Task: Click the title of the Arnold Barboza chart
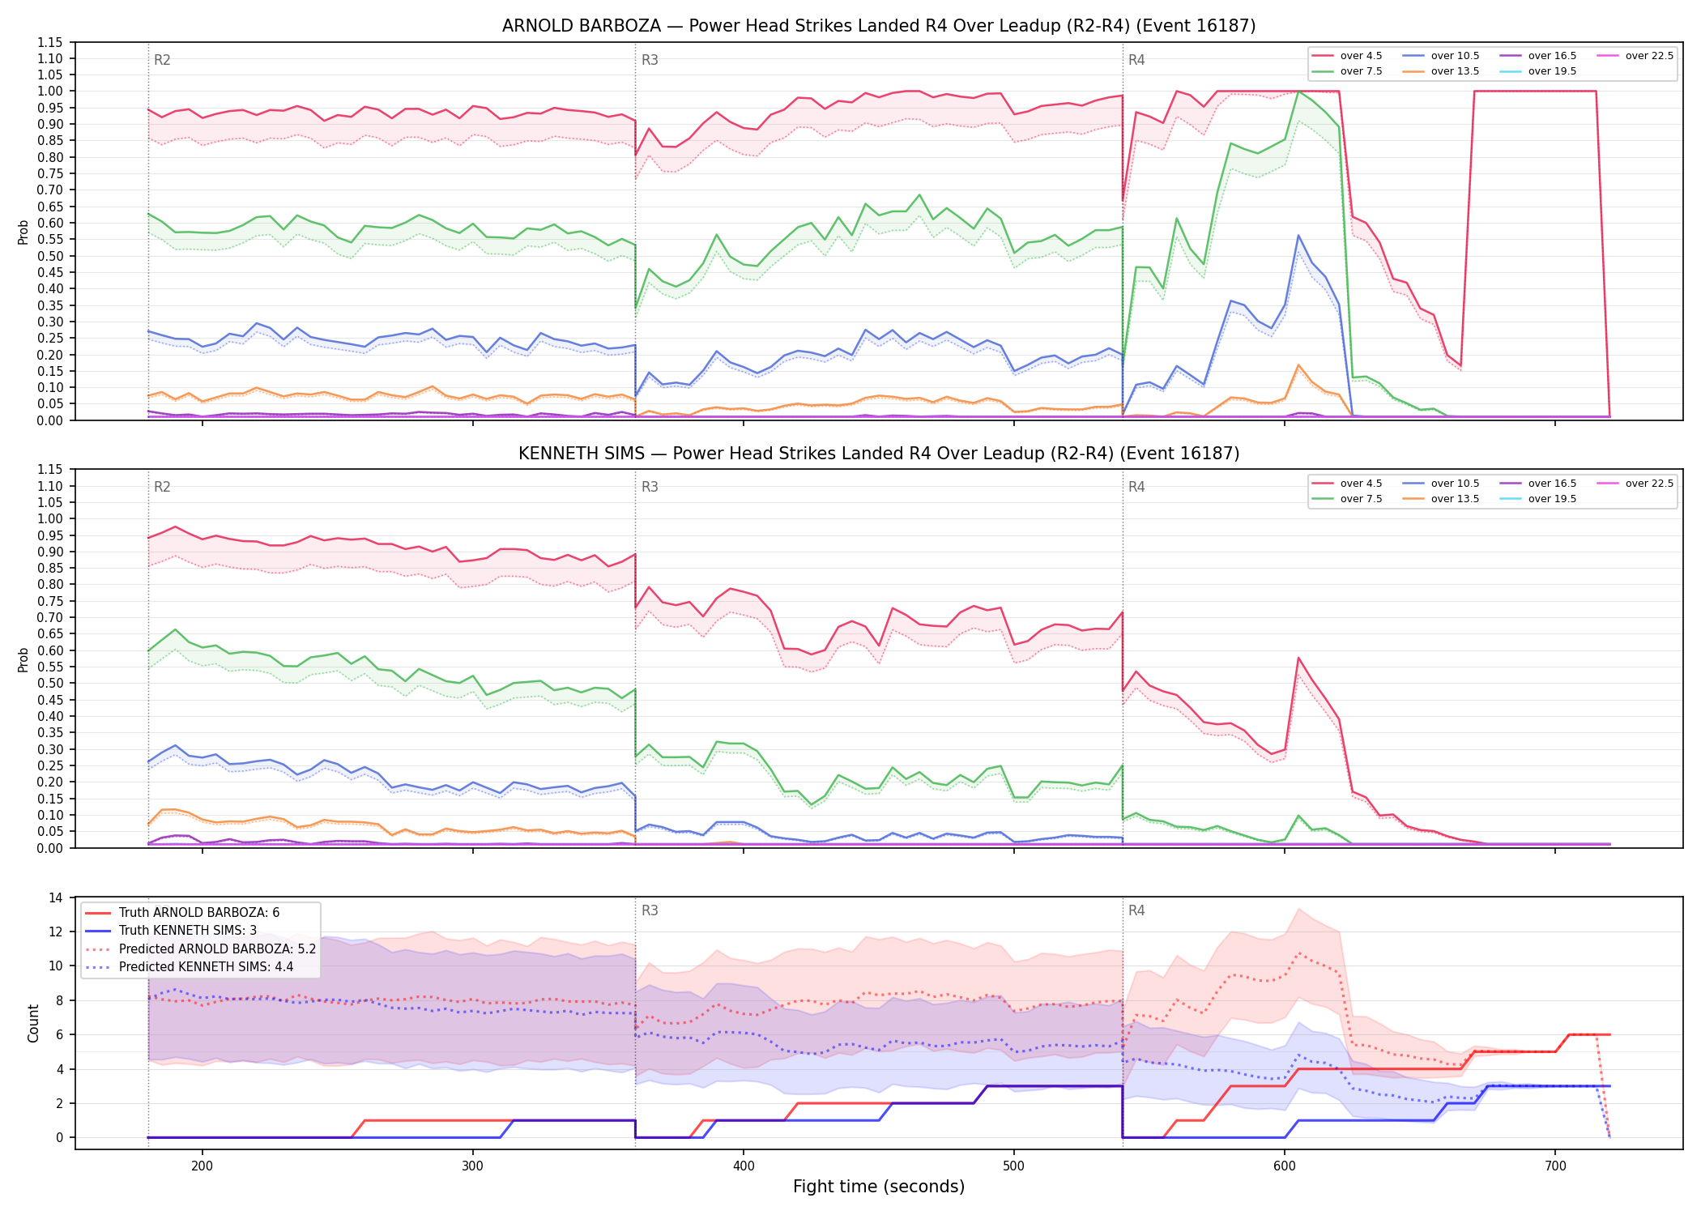click(x=879, y=26)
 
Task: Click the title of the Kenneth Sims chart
click(x=879, y=454)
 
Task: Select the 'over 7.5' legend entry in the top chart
click(x=1348, y=71)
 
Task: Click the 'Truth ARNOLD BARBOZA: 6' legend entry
click(x=183, y=913)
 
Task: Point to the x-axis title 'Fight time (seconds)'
click(x=879, y=1187)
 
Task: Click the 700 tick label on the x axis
click(x=1555, y=1166)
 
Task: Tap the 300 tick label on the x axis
click(x=473, y=1166)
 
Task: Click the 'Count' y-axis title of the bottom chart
click(x=33, y=1023)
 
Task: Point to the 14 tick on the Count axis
click(x=56, y=897)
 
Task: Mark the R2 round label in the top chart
click(x=162, y=60)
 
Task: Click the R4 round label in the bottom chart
click(x=1136, y=910)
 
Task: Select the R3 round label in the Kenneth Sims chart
click(x=650, y=487)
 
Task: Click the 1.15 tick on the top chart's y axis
click(x=49, y=42)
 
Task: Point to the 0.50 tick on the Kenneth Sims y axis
click(x=49, y=683)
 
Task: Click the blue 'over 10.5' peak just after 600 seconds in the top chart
click(x=1298, y=236)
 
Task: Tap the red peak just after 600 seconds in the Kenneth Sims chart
click(x=1298, y=658)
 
